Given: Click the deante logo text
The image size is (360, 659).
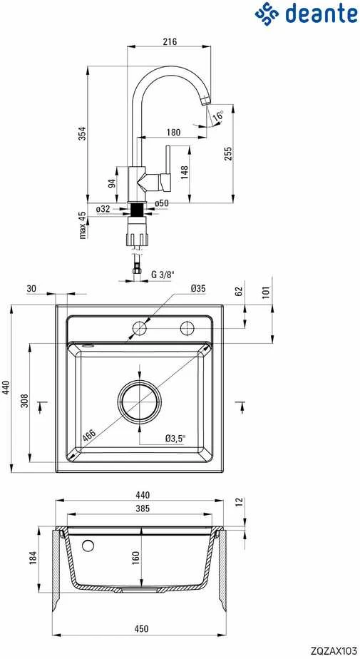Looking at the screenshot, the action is (x=322, y=13).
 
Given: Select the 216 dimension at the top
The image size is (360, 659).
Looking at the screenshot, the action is (x=170, y=41).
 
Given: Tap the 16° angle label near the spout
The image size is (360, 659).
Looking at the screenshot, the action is (x=218, y=116).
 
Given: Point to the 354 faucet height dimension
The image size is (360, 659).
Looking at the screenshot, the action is (x=83, y=133).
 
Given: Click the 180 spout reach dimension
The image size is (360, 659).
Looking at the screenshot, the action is (x=173, y=133).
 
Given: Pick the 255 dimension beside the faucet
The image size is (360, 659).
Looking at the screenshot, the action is (x=227, y=154).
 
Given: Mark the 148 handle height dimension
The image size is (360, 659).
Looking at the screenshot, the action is (x=184, y=173).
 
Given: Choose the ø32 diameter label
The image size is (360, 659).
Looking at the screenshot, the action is (x=103, y=209).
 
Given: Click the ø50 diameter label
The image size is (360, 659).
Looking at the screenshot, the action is (x=162, y=203).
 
